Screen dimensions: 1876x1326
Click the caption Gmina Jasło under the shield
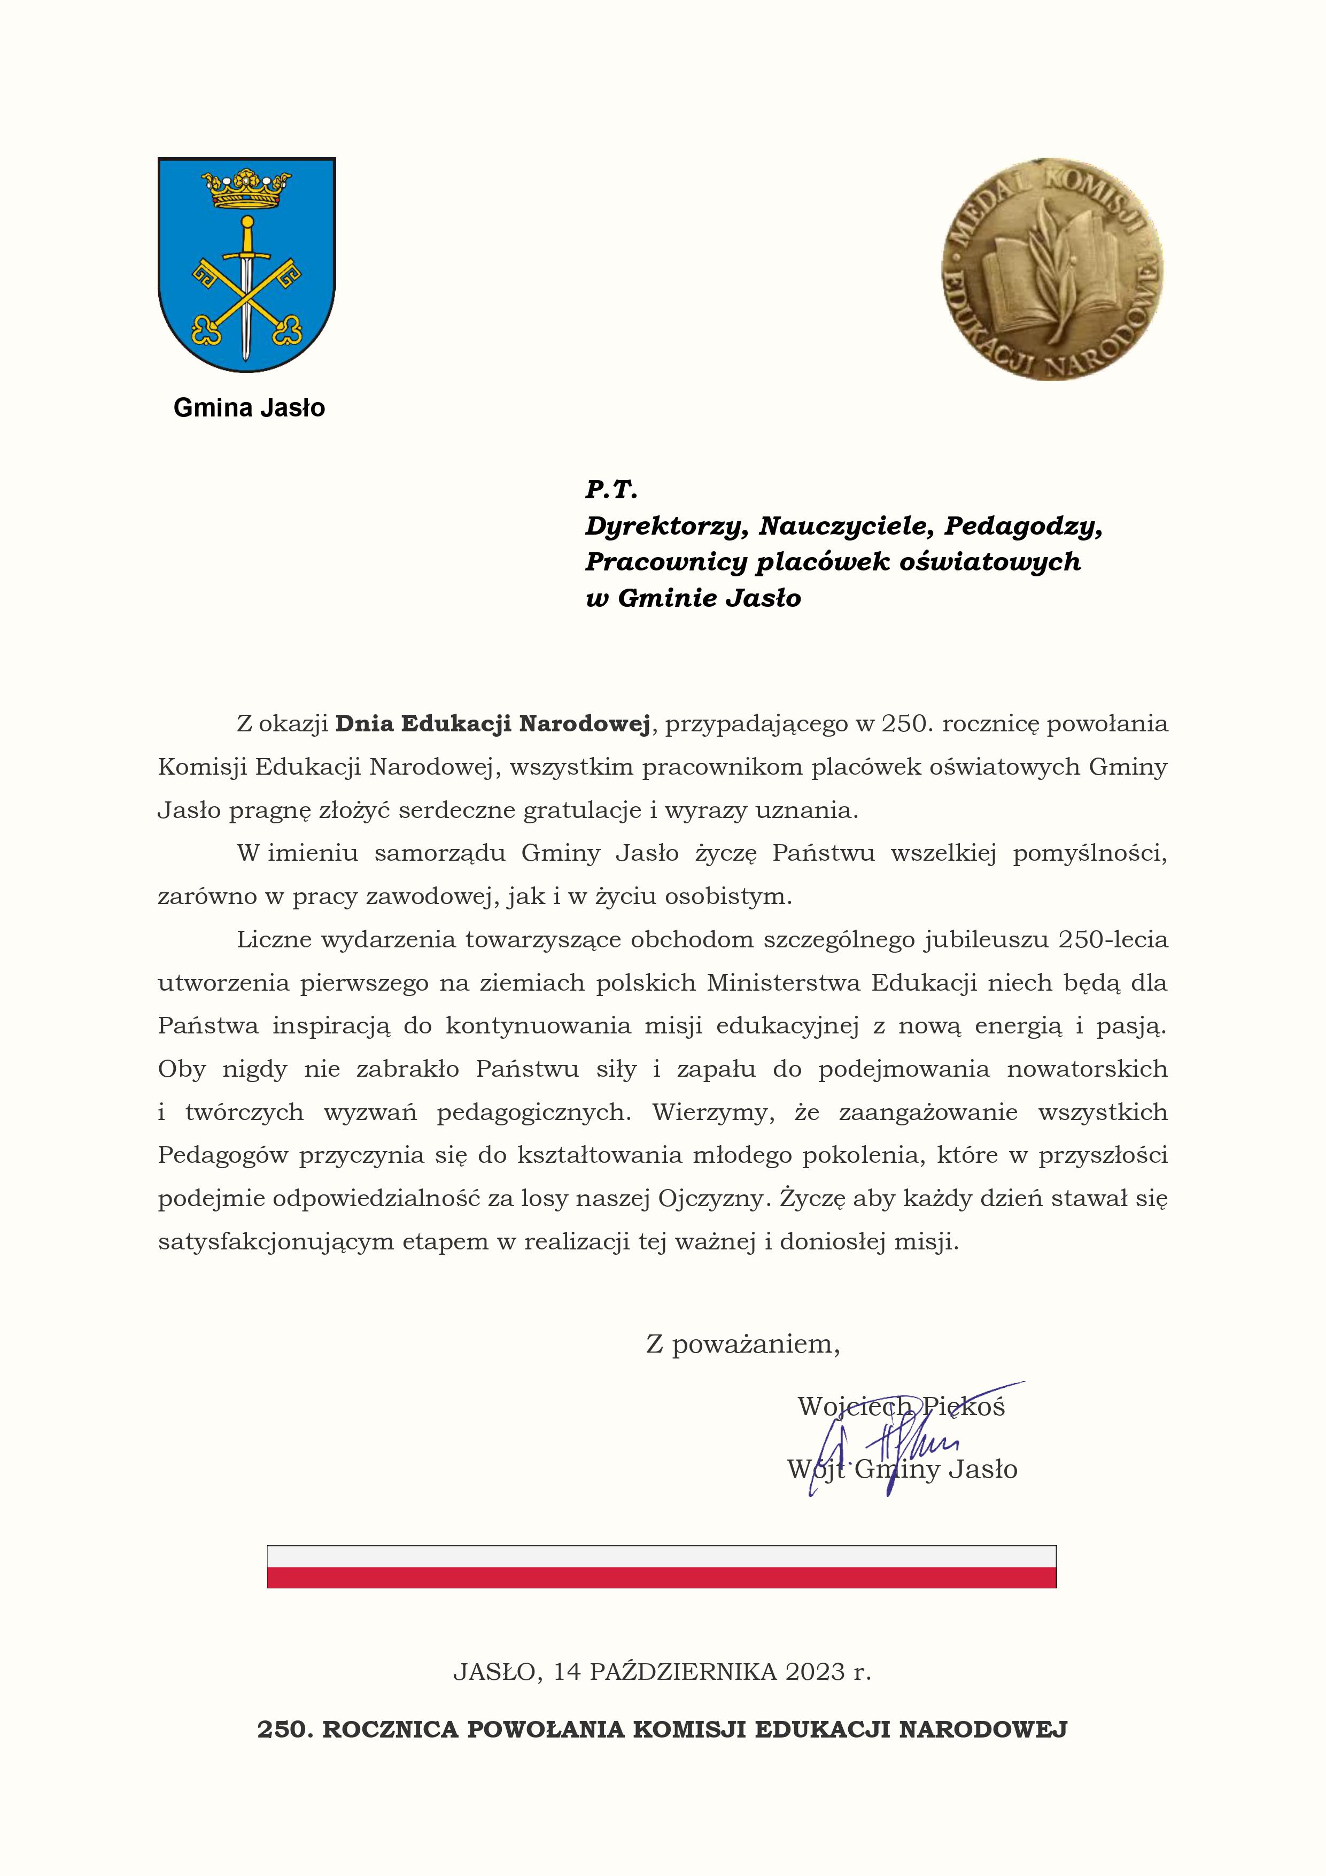249,408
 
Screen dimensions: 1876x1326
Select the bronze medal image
1052,269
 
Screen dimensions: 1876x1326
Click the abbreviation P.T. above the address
610,490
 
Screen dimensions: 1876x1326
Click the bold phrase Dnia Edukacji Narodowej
493,724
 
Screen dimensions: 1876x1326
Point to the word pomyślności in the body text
1090,854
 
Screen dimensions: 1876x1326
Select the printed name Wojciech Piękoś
901,1406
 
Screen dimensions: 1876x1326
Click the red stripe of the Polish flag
661,1577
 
